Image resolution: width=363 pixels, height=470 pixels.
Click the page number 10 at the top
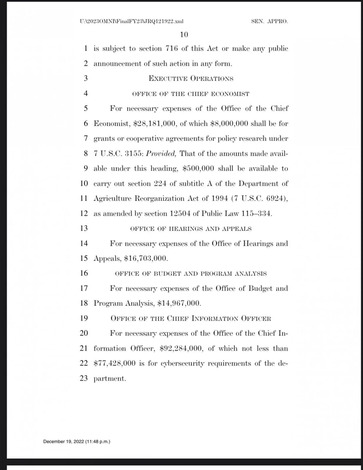click(184, 35)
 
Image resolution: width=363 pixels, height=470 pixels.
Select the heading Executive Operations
click(191, 79)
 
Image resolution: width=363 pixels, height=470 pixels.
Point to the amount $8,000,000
click(230, 124)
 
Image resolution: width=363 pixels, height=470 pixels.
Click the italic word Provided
click(161, 154)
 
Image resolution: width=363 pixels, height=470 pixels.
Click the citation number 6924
click(276, 199)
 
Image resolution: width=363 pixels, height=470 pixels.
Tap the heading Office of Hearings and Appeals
click(191, 229)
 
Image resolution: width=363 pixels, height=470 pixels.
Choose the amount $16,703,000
click(145, 258)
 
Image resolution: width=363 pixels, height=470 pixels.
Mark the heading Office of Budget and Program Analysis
click(191, 274)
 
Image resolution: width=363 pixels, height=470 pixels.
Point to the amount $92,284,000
click(181, 348)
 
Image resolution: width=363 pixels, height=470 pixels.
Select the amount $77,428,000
click(115, 363)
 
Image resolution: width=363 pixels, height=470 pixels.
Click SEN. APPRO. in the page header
click(269, 21)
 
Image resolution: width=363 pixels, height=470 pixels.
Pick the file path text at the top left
click(131, 21)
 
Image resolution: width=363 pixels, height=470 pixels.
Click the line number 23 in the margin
click(84, 378)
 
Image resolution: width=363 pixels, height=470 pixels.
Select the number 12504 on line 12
click(180, 214)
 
